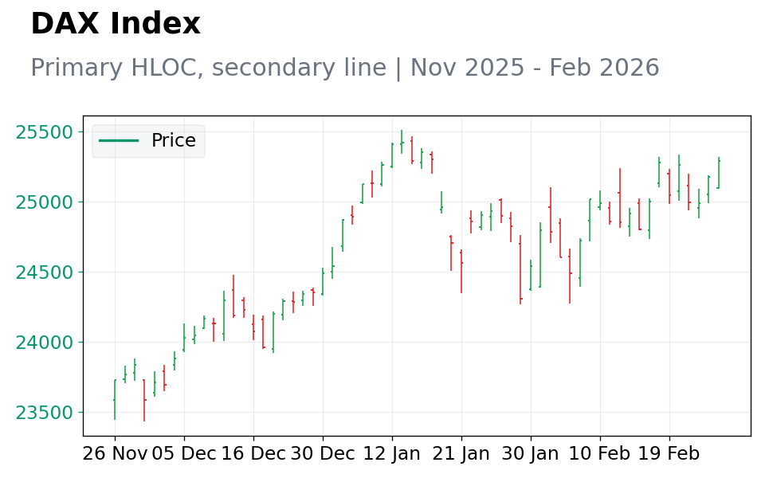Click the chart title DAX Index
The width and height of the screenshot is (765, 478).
coord(116,23)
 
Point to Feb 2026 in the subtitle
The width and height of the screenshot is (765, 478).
coord(605,67)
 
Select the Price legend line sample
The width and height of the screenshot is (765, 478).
coord(119,141)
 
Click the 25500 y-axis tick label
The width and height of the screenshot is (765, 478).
coord(45,132)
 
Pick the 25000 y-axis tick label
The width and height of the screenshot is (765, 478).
coord(45,202)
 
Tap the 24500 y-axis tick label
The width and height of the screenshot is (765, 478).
coord(45,272)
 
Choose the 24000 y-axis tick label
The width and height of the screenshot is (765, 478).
coord(45,343)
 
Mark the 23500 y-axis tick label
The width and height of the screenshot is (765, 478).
coord(45,413)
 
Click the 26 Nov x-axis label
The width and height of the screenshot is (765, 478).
coord(115,454)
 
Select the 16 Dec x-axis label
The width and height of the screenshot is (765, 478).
coord(253,454)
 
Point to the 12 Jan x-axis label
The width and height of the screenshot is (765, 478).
coord(392,454)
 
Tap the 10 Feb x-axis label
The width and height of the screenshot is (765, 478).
coord(600,454)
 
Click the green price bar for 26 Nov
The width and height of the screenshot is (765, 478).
coord(115,399)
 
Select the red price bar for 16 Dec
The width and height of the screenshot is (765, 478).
coord(253,327)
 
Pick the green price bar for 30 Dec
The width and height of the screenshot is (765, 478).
coord(323,281)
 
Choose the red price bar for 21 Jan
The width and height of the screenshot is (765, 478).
coord(461,272)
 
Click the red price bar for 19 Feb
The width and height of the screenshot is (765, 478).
coord(669,186)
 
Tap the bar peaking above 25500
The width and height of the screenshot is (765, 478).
coord(402,142)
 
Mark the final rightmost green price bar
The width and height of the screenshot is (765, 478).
coord(718,173)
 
